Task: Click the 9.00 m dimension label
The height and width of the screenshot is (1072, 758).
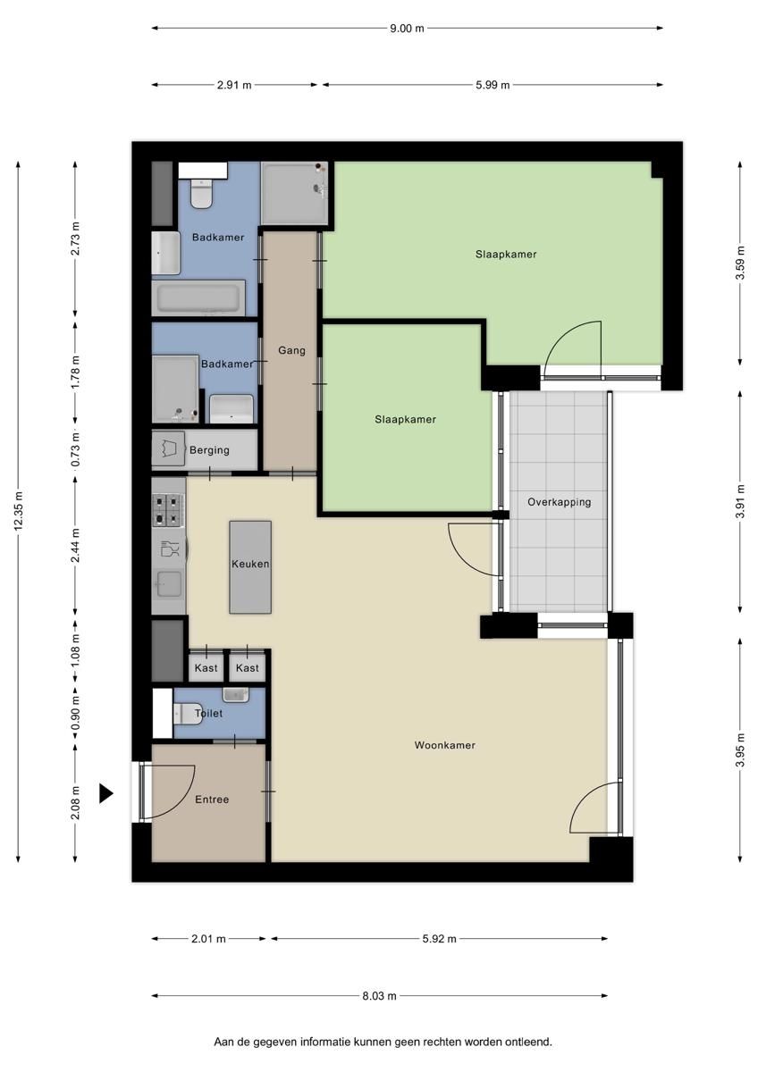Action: click(x=407, y=28)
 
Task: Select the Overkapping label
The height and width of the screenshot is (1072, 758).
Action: click(x=559, y=502)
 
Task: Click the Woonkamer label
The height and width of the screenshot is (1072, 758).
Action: click(x=444, y=745)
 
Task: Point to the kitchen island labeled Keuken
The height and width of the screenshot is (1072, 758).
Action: click(x=250, y=565)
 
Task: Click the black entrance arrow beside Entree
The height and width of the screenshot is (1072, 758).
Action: click(x=105, y=792)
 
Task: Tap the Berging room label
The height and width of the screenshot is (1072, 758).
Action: click(x=209, y=450)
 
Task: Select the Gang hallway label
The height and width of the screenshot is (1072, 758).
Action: click(x=291, y=350)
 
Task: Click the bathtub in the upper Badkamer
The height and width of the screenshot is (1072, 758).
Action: click(x=199, y=297)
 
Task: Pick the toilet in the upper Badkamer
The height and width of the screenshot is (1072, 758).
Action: click(x=201, y=193)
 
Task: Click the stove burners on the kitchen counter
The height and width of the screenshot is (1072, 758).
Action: click(x=167, y=509)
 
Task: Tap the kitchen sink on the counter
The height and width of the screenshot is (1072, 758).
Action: click(x=168, y=585)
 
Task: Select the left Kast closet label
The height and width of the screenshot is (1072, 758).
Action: click(x=206, y=668)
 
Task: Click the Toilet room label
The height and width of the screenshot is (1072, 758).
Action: click(x=208, y=714)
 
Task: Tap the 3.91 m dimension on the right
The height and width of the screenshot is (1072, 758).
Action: click(x=739, y=501)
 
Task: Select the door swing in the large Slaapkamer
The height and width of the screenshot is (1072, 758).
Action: click(x=573, y=344)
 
